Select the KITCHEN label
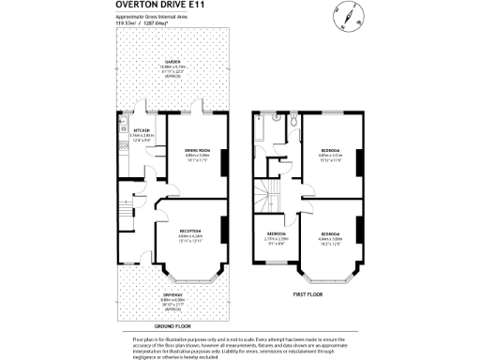point(143,130)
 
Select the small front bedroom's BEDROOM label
point(275,233)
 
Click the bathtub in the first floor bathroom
point(258,137)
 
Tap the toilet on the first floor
point(294,123)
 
